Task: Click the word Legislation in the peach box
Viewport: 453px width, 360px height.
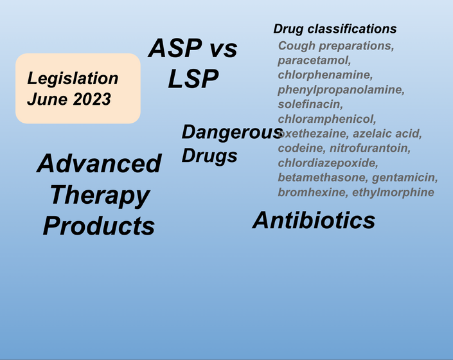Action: [73, 78]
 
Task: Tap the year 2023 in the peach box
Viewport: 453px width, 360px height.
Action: [92, 99]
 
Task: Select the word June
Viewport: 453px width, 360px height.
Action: [48, 99]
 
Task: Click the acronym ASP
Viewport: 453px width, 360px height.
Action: [175, 48]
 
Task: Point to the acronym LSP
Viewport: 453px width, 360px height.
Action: [193, 78]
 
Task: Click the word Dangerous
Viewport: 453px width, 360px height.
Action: [232, 132]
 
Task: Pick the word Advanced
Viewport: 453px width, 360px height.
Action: [99, 163]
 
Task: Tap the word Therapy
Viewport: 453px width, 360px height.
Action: [100, 195]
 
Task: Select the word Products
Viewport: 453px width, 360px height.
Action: [99, 226]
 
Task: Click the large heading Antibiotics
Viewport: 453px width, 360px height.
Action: [314, 220]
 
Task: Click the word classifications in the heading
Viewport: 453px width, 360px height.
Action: [352, 29]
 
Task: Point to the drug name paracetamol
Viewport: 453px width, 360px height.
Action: [314, 60]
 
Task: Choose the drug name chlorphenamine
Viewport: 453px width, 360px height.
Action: [325, 75]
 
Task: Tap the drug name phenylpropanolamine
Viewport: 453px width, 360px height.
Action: [341, 90]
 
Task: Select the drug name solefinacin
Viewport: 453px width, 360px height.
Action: [310, 104]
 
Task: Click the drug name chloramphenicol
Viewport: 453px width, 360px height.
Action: [327, 119]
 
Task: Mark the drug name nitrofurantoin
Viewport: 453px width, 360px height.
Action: [370, 148]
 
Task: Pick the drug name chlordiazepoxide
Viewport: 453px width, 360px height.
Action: [328, 163]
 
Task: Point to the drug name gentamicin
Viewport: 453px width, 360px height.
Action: [405, 177]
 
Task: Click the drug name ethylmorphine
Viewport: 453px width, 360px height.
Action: [393, 192]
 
